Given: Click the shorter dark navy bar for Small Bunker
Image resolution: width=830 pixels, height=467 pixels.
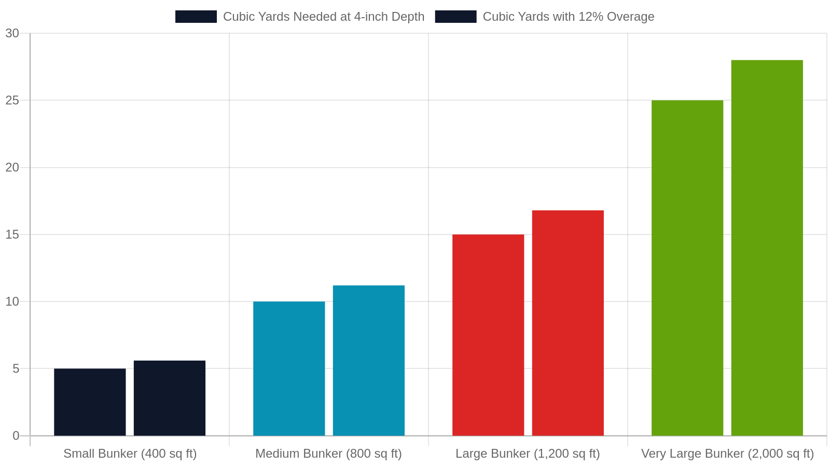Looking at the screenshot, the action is (x=90, y=402).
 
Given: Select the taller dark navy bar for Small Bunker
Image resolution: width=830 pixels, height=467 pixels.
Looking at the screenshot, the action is (x=169, y=398).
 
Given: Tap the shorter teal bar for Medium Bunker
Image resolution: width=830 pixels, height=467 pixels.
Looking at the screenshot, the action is (x=289, y=369).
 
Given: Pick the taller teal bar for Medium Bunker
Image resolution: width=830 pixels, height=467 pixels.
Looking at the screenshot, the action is (x=369, y=361).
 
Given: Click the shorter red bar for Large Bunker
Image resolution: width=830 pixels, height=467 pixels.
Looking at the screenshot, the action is (x=488, y=335).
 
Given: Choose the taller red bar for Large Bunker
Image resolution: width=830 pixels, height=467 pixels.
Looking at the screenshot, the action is (x=568, y=323).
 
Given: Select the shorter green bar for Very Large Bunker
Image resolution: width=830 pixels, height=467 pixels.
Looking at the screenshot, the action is (x=687, y=268).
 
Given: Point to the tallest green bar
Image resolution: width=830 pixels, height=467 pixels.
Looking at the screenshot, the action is (x=767, y=248).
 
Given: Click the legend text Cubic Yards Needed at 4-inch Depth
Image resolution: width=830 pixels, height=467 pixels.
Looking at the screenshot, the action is (x=324, y=17).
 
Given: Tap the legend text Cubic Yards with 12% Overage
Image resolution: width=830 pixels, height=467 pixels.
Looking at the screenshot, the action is (x=569, y=17).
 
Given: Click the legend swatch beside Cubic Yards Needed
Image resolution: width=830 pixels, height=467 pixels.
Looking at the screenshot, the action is (x=196, y=17).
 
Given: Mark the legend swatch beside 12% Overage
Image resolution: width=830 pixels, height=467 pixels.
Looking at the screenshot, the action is (x=456, y=17).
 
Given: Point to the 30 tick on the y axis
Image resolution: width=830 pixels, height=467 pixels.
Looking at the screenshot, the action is (x=12, y=33).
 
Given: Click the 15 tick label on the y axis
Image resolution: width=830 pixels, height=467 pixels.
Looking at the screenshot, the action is (x=12, y=235).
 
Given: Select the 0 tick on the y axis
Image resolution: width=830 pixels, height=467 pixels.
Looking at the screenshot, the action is (x=16, y=436).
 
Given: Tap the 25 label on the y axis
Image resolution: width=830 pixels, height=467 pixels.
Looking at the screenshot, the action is (x=12, y=101).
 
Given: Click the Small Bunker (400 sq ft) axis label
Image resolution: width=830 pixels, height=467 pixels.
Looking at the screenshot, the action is (x=130, y=454).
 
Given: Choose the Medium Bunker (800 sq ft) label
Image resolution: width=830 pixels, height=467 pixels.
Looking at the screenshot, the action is (x=329, y=454).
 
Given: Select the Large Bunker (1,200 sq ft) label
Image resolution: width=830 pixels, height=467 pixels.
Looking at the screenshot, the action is (x=528, y=454).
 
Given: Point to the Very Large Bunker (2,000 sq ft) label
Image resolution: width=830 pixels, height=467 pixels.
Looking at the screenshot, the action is (x=727, y=454).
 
